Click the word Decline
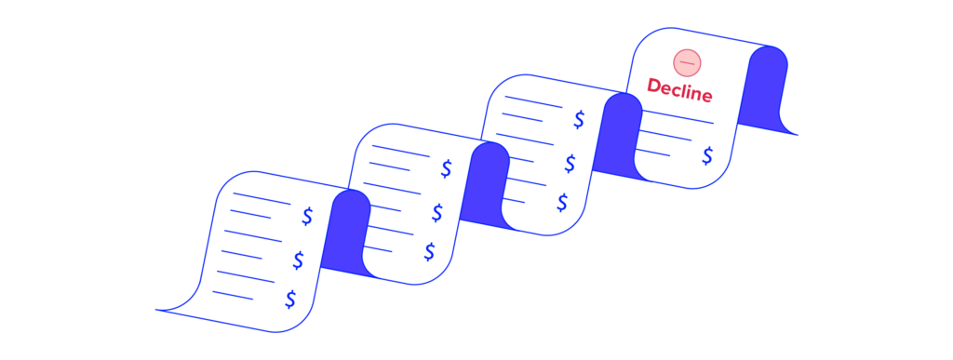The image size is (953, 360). [x=679, y=92]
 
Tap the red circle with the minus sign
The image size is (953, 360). [x=687, y=62]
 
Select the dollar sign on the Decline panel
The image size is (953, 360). [x=707, y=155]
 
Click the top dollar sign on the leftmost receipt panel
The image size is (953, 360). [x=307, y=216]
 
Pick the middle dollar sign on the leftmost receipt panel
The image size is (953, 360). [x=298, y=260]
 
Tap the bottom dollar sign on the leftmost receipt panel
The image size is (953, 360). [x=290, y=299]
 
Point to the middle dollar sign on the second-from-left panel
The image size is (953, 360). [x=436, y=213]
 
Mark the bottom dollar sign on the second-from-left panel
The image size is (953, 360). [x=429, y=251]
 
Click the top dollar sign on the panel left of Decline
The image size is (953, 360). [x=579, y=119]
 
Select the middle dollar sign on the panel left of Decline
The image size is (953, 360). [x=570, y=164]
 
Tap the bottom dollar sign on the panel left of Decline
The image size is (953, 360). [x=562, y=202]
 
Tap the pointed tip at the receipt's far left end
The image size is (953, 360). [x=158, y=309]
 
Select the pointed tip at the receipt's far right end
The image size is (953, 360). [x=797, y=135]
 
